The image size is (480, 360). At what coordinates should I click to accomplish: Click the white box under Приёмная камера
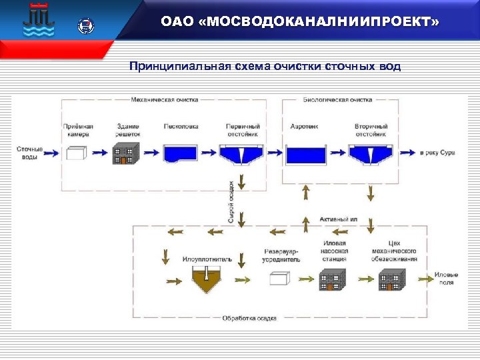pyautogui.click(x=76, y=154)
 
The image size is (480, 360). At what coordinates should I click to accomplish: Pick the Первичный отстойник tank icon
pyautogui.click(x=241, y=155)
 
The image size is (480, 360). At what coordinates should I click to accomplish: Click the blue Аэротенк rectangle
pyautogui.click(x=305, y=154)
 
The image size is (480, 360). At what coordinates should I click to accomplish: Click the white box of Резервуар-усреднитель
pyautogui.click(x=280, y=279)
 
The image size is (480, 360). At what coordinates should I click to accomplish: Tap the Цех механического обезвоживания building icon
pyautogui.click(x=392, y=280)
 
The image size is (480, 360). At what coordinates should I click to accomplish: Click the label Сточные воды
pyautogui.click(x=29, y=153)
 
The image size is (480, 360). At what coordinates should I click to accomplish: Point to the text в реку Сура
pyautogui.click(x=437, y=153)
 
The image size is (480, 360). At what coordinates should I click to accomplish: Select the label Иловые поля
pyautogui.click(x=446, y=278)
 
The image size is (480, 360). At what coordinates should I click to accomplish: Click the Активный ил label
pyautogui.click(x=338, y=219)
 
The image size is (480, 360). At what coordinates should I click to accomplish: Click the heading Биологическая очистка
pyautogui.click(x=340, y=100)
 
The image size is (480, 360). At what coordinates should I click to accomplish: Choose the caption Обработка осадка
pyautogui.click(x=249, y=318)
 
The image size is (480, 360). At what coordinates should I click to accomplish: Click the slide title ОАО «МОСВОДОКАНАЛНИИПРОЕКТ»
pyautogui.click(x=300, y=23)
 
